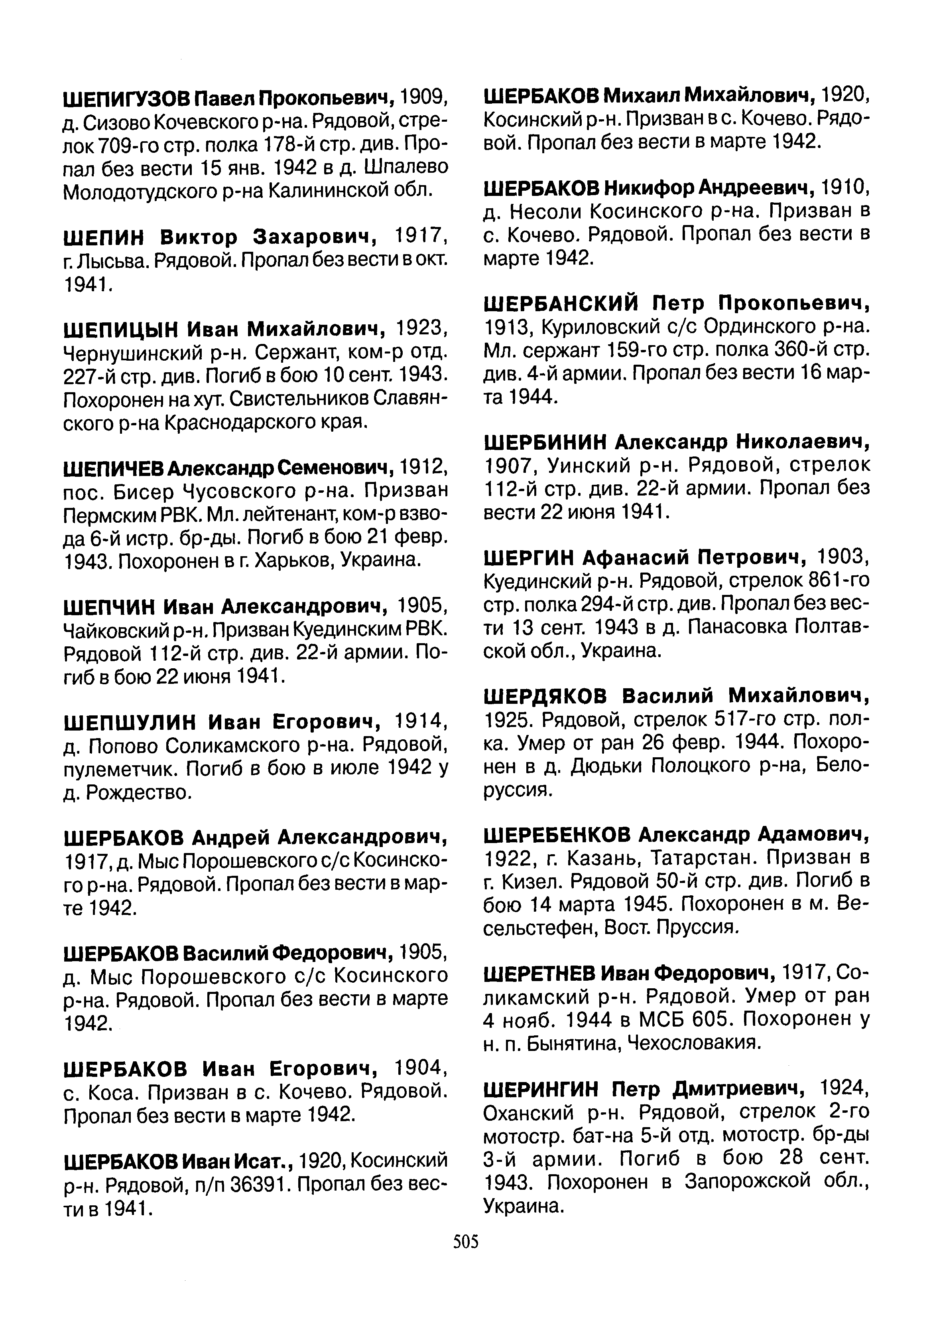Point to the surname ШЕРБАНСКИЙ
click(561, 303)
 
